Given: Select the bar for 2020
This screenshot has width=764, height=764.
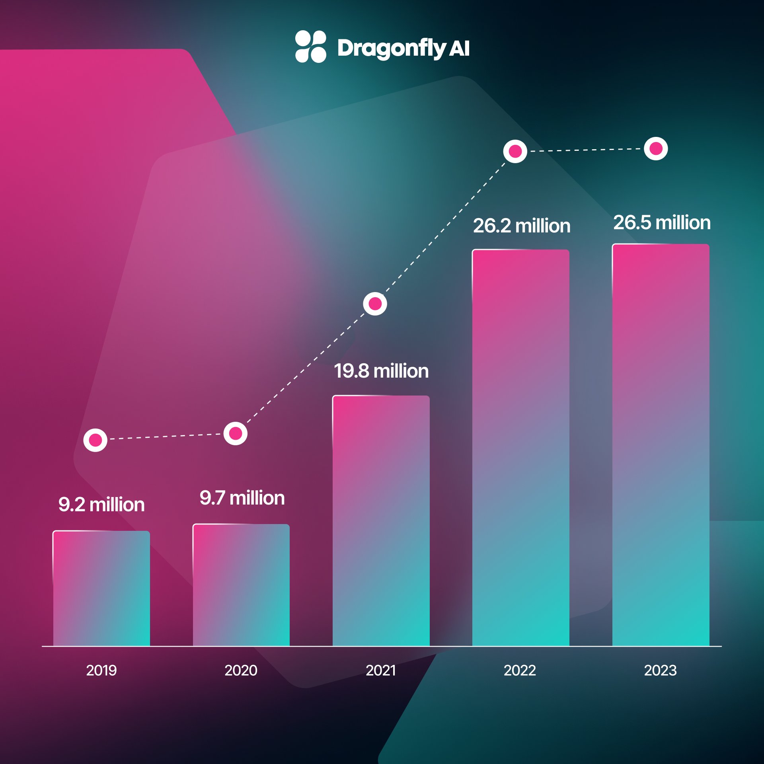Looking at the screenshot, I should [241, 585].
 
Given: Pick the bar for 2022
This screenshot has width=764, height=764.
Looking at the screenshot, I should [520, 448].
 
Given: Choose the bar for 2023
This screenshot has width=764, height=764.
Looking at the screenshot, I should [661, 445].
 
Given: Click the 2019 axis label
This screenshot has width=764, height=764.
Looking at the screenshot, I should [101, 670].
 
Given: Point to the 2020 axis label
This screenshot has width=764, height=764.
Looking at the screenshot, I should [241, 670].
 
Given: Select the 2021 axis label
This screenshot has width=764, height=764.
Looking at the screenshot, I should [381, 670].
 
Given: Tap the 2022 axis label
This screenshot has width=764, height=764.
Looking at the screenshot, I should [520, 670].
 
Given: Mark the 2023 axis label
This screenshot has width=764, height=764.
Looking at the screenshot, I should [660, 670].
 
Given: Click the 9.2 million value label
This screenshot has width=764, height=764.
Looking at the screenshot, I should [101, 505].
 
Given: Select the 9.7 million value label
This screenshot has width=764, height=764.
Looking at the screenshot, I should [242, 498].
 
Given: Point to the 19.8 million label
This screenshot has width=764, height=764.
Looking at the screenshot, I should [381, 371].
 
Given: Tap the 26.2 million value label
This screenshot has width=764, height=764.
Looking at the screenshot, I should [522, 226].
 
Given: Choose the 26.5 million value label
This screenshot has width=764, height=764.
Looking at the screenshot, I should [662, 222].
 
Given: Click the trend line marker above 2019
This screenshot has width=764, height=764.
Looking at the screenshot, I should [95, 440].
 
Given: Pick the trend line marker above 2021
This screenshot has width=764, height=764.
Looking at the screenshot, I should [375, 304].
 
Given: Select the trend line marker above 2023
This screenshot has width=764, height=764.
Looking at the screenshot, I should [656, 148].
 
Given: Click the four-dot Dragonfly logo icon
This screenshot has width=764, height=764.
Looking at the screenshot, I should [311, 47].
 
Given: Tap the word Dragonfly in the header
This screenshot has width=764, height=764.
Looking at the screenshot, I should [392, 48].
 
